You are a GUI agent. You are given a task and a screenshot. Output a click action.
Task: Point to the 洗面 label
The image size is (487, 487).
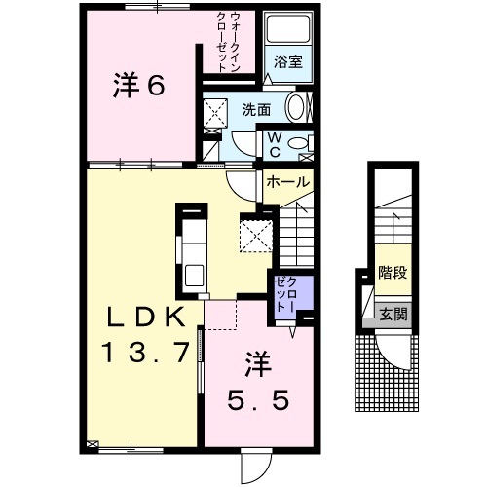pos(256,110)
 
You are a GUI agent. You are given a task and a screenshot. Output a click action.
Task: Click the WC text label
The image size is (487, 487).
pos(276,145)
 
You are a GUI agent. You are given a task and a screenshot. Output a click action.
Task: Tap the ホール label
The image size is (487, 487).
pos(288,181)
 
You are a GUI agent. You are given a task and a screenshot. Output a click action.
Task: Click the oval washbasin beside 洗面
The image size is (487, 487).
pos(299,107)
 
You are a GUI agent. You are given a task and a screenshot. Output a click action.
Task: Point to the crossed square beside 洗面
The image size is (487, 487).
pos(213,115)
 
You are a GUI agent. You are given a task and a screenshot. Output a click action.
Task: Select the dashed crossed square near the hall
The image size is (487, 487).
pos(255,234)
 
